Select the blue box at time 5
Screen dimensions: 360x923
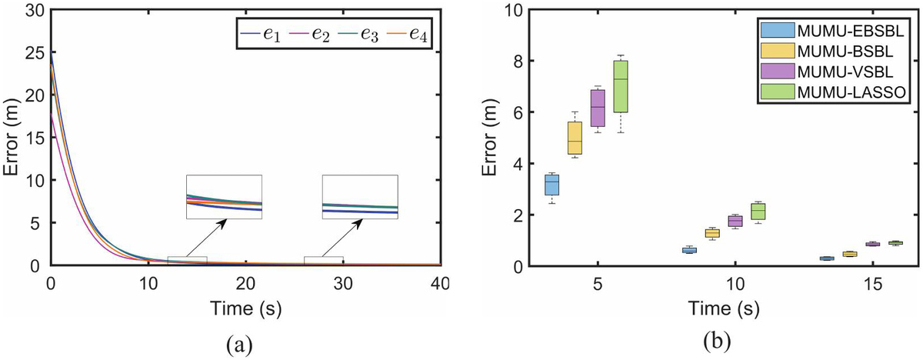[551, 185]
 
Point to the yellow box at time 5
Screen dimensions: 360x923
[575, 138]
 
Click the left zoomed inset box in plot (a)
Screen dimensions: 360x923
[224, 197]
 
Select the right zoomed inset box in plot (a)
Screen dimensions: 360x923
[360, 197]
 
